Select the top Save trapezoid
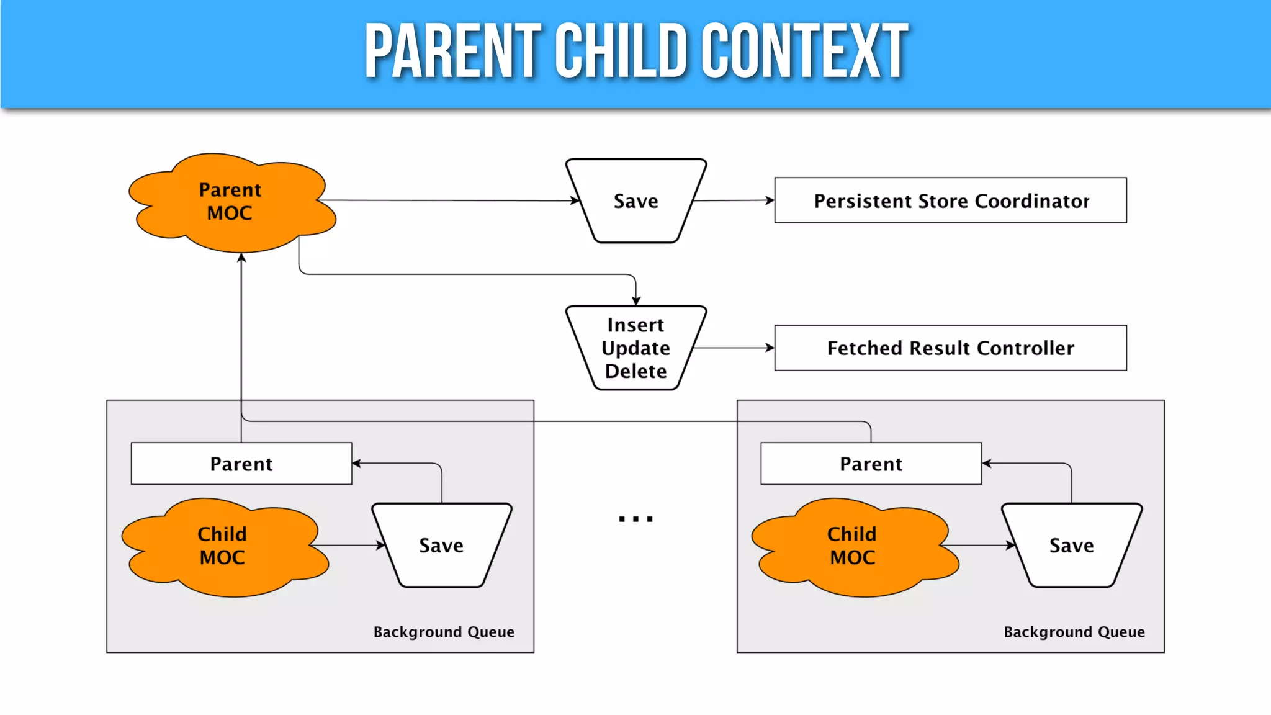pos(635,201)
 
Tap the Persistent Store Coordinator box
pos(950,200)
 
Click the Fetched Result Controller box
pos(950,348)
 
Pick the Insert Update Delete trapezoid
pos(635,348)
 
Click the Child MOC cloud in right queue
pos(853,546)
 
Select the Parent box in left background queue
pos(241,464)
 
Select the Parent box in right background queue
pos(871,464)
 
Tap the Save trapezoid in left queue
pos(441,546)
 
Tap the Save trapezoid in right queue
pos(1071,546)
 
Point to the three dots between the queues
pos(635,519)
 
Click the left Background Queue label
pos(444,632)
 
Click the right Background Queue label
pos(1074,632)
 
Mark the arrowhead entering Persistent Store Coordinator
pos(770,200)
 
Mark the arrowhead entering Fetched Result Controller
pos(770,348)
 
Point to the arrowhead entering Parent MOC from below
pos(241,258)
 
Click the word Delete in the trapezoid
pos(635,371)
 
